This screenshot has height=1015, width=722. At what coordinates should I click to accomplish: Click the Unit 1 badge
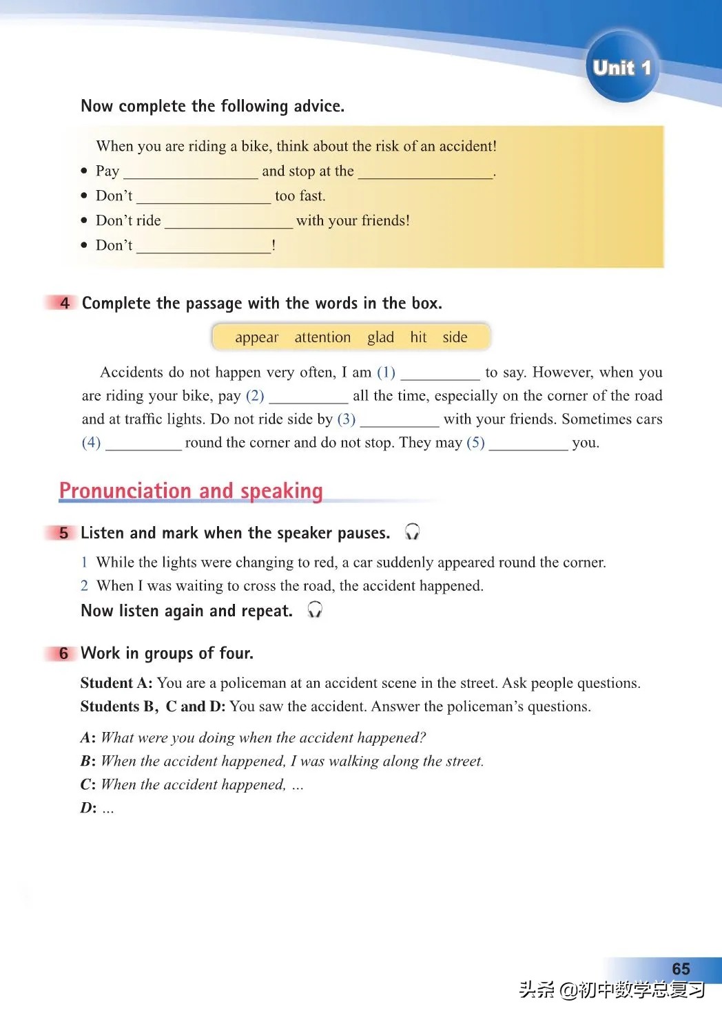coord(621,67)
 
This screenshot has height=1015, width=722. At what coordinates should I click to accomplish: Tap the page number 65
coord(681,968)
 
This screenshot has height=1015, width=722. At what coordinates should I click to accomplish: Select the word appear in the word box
coord(256,337)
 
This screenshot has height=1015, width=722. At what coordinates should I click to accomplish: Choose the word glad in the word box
coord(380,337)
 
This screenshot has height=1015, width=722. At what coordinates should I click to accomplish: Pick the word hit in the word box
coord(418,337)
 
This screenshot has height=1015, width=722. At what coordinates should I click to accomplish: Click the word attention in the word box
coord(322,337)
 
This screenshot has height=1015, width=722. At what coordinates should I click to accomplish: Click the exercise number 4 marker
coord(64,303)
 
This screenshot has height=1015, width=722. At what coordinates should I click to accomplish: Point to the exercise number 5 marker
coord(64,533)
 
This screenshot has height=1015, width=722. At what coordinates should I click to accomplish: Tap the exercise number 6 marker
coord(64,653)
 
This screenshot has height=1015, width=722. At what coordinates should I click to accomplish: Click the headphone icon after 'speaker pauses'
coord(412,532)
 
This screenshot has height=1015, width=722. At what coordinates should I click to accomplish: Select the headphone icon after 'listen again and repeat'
coord(315,609)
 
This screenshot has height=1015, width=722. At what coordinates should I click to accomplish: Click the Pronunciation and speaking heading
coord(191,490)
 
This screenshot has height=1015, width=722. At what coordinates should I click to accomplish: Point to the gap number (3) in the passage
coord(347,419)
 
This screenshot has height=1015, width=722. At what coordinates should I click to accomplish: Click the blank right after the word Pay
coord(190,172)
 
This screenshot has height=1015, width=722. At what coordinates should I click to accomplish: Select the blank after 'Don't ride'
coord(229,222)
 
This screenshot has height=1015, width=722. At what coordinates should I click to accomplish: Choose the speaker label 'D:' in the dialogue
coord(88,808)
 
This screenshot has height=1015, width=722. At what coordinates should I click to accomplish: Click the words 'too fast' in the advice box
coord(300,196)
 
